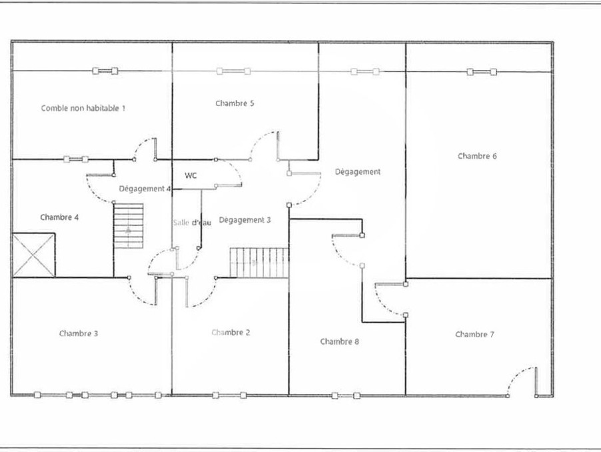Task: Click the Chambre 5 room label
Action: click(x=235, y=103)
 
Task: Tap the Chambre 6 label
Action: click(x=477, y=156)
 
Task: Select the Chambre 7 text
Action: click(x=474, y=334)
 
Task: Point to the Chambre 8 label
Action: click(x=340, y=341)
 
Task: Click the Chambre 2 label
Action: click(x=231, y=333)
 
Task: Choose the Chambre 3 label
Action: click(x=79, y=333)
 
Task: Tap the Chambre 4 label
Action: click(x=59, y=217)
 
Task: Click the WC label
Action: click(x=191, y=175)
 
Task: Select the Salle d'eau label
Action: click(x=192, y=223)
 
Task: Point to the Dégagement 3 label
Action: click(x=245, y=220)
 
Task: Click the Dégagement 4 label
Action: click(x=145, y=189)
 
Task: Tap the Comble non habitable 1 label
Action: click(x=83, y=108)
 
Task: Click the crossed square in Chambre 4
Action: click(x=34, y=255)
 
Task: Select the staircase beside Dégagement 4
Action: click(x=129, y=226)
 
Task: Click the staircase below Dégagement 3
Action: click(x=259, y=263)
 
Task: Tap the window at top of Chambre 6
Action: click(x=482, y=72)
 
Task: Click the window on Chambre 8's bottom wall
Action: click(x=346, y=395)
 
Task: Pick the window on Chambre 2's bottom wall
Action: click(x=230, y=395)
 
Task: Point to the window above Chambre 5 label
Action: click(x=234, y=71)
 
